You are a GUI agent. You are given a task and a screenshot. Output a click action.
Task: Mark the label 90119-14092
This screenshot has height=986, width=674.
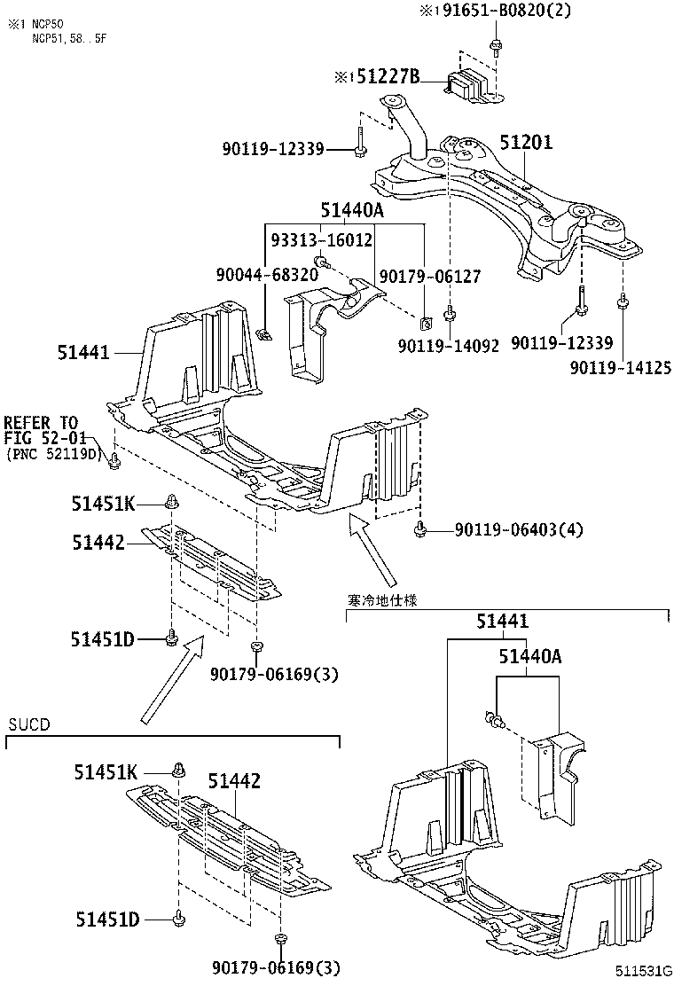click(449, 345)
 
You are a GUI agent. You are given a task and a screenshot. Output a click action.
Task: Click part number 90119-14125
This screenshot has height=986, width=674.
click(620, 367)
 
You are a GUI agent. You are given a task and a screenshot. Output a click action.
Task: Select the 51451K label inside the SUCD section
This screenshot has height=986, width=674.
click(105, 772)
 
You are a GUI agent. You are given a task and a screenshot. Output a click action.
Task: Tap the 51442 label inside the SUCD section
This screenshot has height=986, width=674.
click(234, 780)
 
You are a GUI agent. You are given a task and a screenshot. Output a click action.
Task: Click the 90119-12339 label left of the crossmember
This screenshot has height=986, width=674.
click(272, 149)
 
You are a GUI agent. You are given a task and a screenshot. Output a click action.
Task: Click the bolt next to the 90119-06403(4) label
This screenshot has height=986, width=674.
click(420, 530)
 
